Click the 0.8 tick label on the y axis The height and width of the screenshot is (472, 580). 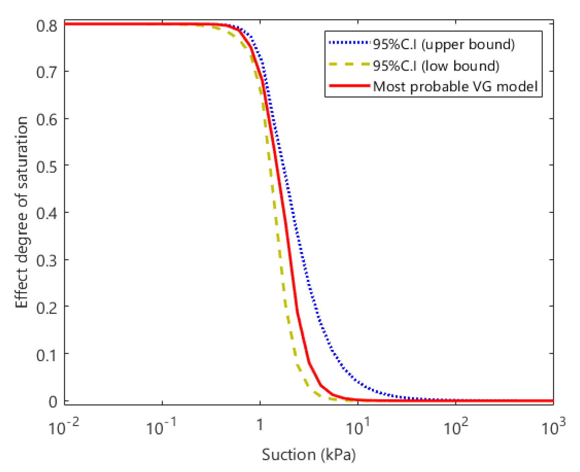coord(47,26)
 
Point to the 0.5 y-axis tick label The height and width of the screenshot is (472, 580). coord(47,167)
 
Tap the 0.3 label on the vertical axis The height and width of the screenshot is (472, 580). coord(47,261)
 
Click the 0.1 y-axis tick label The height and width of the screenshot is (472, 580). coord(47,355)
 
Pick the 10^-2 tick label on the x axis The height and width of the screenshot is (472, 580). coord(64,427)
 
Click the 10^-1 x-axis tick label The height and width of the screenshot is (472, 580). coord(161,427)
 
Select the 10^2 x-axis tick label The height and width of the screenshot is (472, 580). coord(456,427)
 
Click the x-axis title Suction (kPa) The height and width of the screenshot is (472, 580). coord(309,455)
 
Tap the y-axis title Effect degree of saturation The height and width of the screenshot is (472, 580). coord(22,212)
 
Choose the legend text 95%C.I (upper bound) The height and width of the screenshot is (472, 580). coord(444,44)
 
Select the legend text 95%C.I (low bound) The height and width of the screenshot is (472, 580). coord(436,66)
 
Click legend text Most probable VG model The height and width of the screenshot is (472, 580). coord(455,87)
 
